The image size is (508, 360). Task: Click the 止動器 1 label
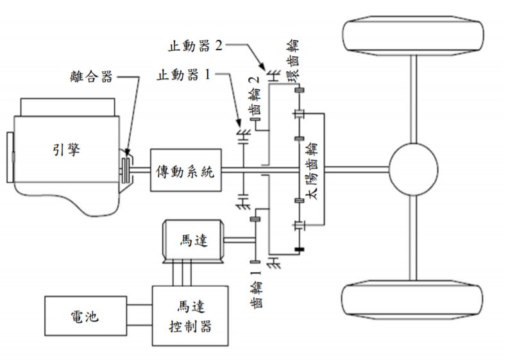[183, 75]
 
